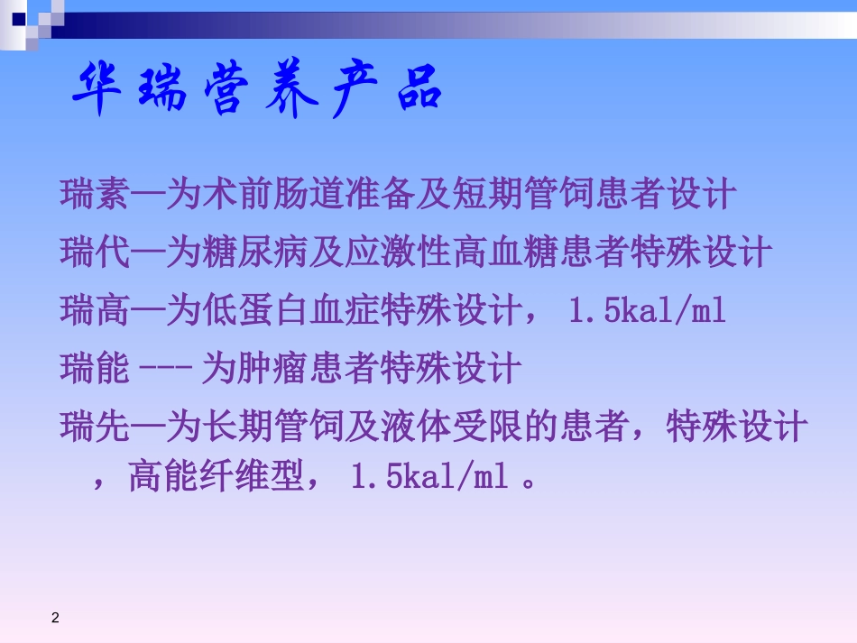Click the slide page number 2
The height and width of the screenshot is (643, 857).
[55, 618]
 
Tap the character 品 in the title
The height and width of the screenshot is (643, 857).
[418, 90]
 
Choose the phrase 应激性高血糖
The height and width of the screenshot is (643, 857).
[450, 253]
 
